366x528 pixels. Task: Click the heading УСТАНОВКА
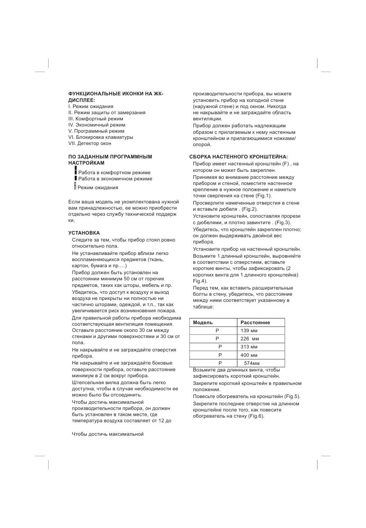click(84, 233)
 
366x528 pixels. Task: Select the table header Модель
click(203, 323)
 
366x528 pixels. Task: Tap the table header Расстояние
click(255, 323)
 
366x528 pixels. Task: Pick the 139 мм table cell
click(249, 331)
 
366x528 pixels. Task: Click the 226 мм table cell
click(250, 339)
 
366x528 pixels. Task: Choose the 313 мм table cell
click(249, 347)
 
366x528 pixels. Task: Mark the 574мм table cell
click(252, 363)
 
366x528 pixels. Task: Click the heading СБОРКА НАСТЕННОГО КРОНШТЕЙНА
click(238, 157)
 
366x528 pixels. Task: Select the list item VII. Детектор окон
click(90, 143)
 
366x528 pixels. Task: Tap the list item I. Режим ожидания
click(91, 107)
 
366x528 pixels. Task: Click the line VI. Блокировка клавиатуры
click(101, 137)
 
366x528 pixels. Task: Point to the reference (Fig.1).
click(263, 196)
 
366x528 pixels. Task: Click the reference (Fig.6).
click(256, 416)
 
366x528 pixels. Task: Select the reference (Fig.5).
click(292, 396)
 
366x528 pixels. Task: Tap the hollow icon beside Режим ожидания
click(75, 186)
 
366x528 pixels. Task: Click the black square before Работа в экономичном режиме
click(76, 178)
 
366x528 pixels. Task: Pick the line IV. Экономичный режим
click(97, 125)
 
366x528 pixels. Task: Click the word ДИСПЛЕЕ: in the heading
click(82, 100)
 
